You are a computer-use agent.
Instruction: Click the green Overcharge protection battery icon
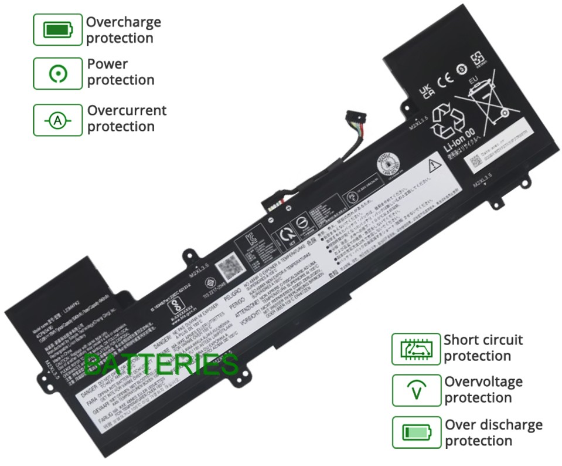[57, 29]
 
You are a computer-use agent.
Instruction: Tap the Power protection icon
[57, 73]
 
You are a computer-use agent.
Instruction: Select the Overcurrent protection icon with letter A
[57, 120]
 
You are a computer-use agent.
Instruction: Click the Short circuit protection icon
[416, 349]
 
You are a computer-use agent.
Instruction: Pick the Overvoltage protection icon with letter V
[416, 390]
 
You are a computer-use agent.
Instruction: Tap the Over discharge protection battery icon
[416, 433]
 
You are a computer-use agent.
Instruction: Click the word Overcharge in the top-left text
[124, 22]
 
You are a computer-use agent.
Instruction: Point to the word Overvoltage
[483, 382]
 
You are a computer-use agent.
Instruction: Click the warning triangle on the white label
[434, 165]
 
